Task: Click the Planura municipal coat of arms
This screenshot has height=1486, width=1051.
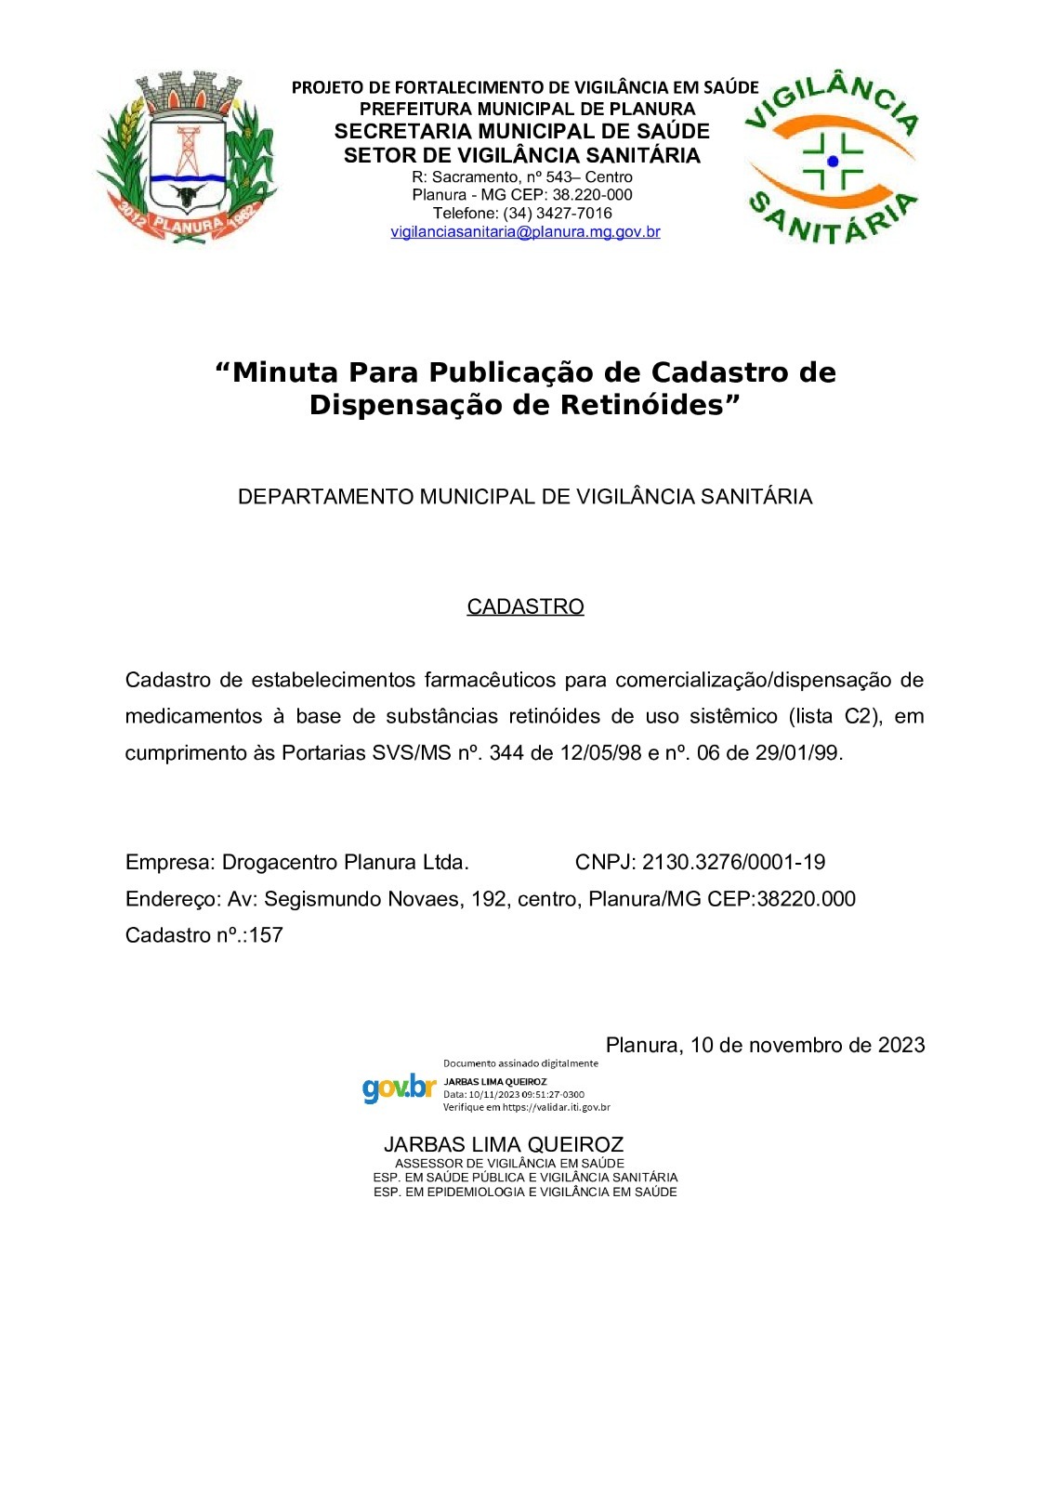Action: [186, 158]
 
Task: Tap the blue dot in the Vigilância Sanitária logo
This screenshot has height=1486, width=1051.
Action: [833, 161]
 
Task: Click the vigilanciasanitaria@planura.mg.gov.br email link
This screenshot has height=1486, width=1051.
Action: [525, 232]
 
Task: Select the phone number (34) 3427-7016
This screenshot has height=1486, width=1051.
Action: [558, 214]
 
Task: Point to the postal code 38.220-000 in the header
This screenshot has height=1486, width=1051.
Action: [592, 195]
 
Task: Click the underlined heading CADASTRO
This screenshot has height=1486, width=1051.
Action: [525, 606]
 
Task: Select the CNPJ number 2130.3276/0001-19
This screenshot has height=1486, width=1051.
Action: [733, 862]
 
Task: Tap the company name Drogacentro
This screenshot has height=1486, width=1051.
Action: [280, 862]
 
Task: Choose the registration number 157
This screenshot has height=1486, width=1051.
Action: [266, 935]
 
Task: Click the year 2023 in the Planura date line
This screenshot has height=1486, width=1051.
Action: [901, 1045]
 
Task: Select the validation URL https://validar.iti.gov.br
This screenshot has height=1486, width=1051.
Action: [555, 1107]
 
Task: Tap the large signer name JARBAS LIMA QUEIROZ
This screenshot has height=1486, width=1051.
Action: [504, 1144]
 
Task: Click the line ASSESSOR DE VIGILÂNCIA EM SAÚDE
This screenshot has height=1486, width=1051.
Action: [509, 1163]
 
